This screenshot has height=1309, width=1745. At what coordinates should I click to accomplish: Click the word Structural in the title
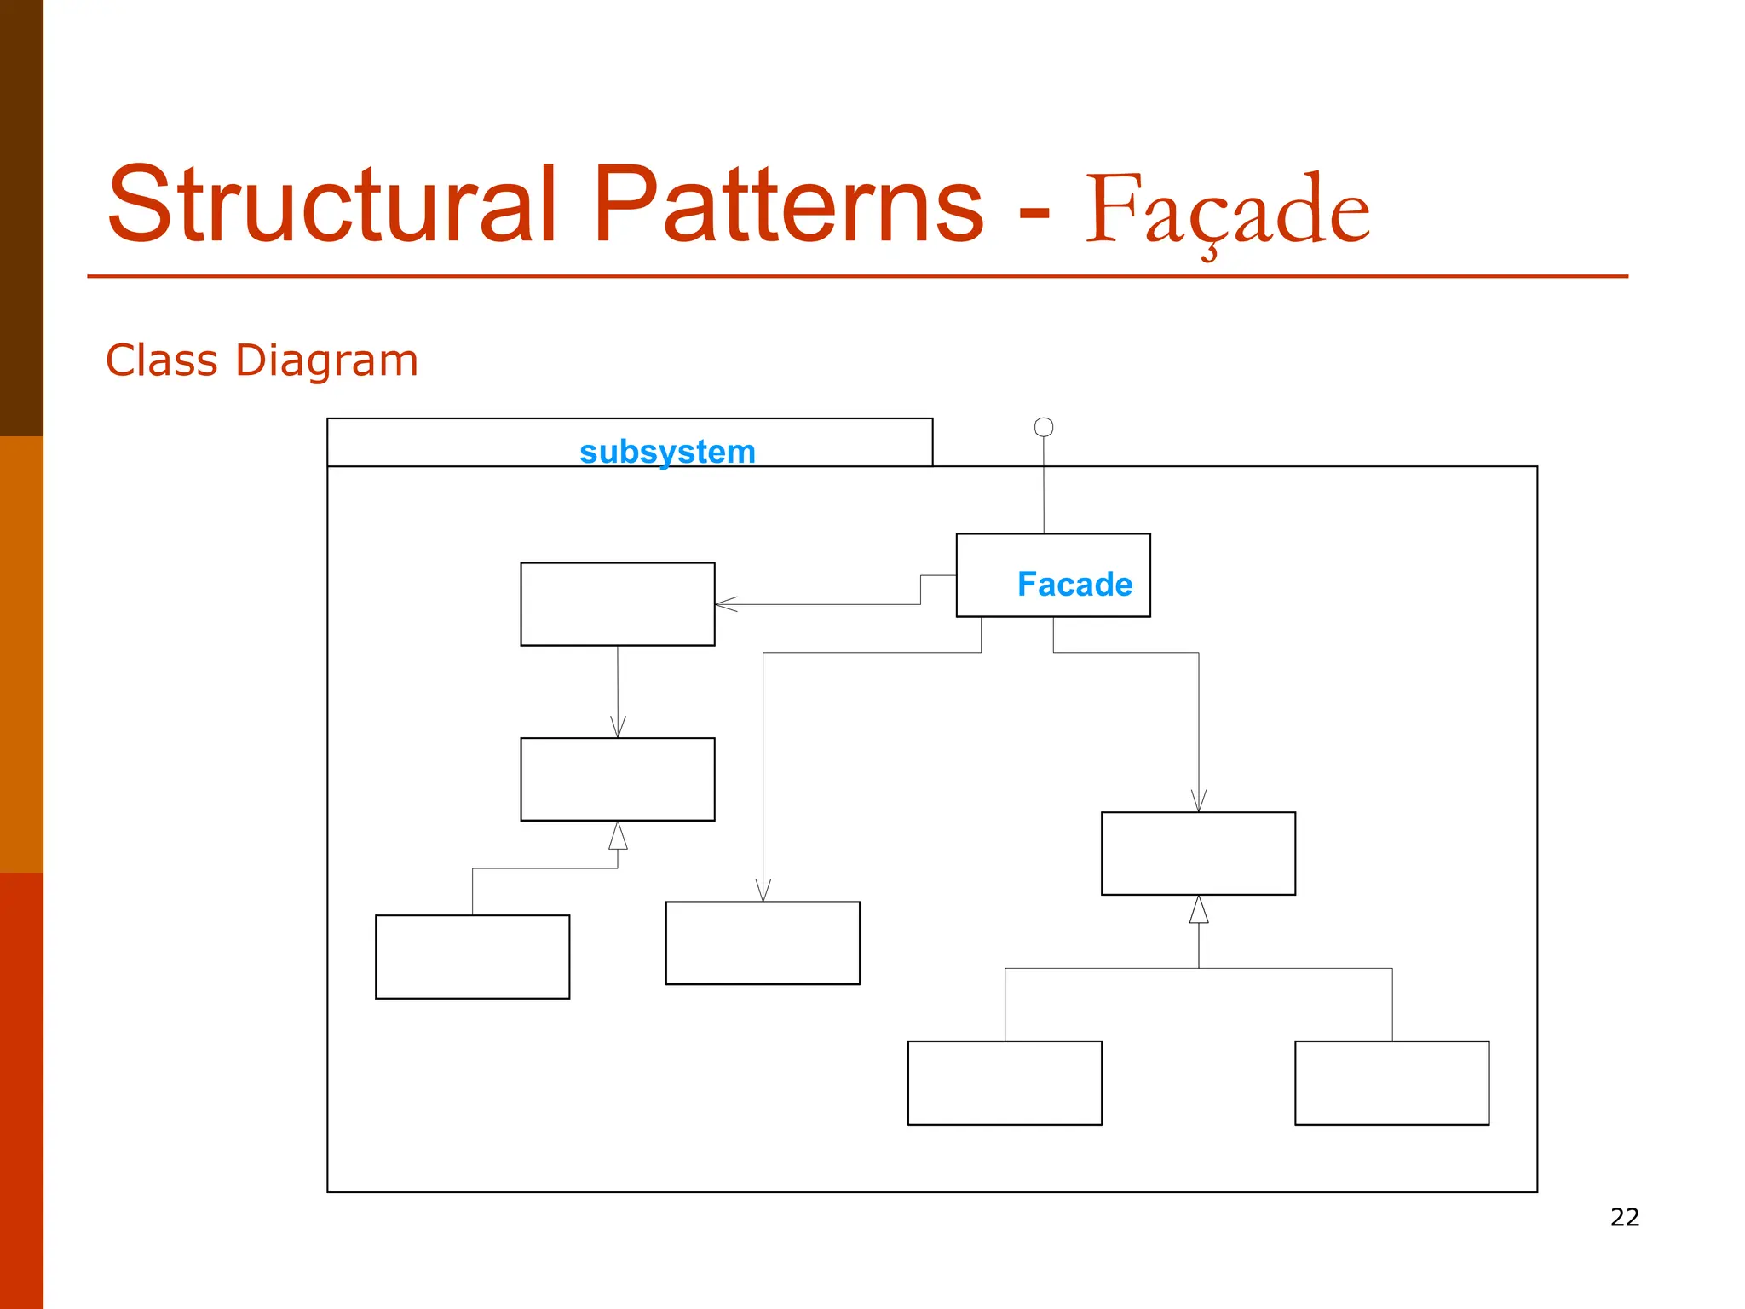click(x=332, y=205)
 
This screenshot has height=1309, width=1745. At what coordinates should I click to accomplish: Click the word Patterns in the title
click(x=788, y=205)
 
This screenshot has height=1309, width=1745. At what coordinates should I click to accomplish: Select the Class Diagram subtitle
click(x=262, y=360)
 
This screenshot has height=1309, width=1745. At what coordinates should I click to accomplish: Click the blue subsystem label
click(x=667, y=452)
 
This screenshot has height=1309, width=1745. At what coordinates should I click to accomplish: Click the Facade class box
click(x=1053, y=575)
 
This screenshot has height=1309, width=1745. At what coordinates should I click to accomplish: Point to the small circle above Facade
click(x=1044, y=427)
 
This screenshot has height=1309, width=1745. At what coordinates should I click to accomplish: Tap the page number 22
click(x=1625, y=1217)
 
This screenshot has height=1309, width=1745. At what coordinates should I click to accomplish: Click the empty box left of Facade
click(x=618, y=604)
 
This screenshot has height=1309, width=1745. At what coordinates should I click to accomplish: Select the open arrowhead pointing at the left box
click(x=724, y=604)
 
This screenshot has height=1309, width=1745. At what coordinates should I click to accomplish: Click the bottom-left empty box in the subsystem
click(x=472, y=956)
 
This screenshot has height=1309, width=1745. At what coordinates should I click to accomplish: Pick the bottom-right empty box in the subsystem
click(x=1391, y=1082)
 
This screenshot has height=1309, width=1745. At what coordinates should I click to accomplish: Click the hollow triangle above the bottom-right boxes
click(x=1199, y=910)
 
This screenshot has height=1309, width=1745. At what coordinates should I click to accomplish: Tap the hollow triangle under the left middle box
click(x=618, y=836)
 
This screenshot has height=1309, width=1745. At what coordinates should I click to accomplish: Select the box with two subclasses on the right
click(x=1198, y=853)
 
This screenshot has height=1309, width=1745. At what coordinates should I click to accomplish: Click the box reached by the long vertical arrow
click(x=763, y=943)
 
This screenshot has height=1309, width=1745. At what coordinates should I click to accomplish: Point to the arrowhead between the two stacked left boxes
click(x=618, y=728)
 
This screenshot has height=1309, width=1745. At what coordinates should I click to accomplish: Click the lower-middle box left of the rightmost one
click(x=1005, y=1082)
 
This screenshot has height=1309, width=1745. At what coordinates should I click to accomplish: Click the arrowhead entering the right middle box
click(x=1199, y=801)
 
